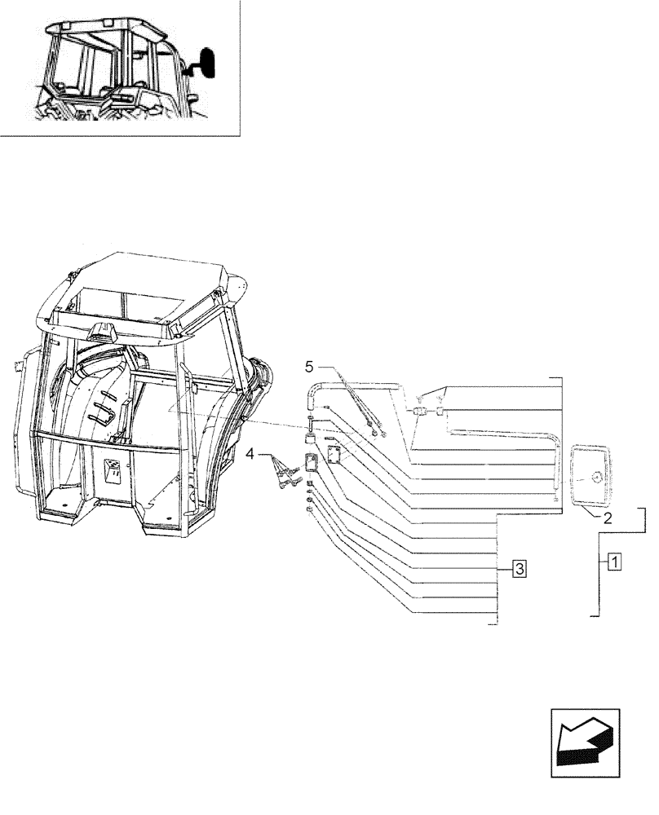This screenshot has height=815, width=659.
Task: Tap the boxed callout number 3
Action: [520, 568]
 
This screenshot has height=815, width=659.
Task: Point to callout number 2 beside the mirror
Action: [608, 517]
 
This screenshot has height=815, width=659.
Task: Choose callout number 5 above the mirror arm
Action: [309, 363]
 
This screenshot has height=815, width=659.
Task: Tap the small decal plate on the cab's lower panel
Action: [113, 470]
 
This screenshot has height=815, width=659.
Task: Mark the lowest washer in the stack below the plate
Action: [311, 509]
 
